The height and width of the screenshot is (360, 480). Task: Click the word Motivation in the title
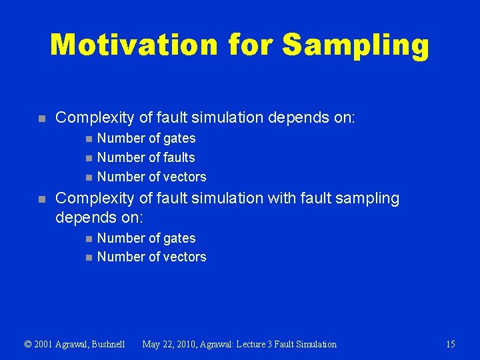click(133, 45)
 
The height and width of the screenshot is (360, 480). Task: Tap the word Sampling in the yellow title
click(355, 45)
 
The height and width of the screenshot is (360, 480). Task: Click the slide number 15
click(450, 344)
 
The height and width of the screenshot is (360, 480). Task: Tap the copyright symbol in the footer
click(28, 344)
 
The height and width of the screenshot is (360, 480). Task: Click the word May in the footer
click(152, 344)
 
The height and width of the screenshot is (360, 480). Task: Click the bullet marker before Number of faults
click(89, 158)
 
